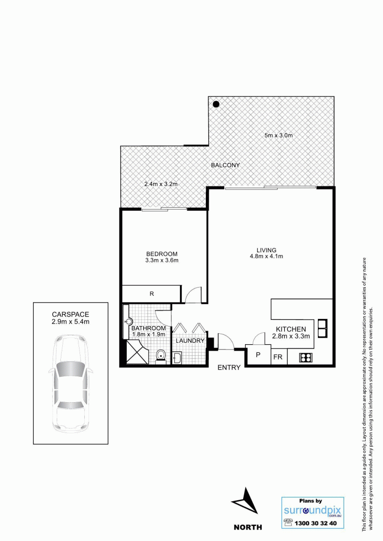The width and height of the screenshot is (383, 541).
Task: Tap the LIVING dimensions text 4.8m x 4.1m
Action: click(266, 256)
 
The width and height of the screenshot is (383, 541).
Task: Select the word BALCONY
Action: click(225, 165)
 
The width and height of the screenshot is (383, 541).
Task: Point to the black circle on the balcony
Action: click(216, 104)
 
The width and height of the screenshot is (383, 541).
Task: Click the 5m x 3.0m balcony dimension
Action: click(279, 135)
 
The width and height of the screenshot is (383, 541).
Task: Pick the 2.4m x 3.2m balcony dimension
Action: click(161, 184)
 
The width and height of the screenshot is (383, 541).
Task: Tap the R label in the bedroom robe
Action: click(151, 294)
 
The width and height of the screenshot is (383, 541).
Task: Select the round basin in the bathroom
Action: click(129, 322)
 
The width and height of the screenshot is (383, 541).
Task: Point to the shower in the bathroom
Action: click(137, 351)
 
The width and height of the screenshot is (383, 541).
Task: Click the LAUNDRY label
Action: click(190, 341)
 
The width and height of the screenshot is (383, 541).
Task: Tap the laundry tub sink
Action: click(177, 358)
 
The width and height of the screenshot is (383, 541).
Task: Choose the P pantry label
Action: click(258, 355)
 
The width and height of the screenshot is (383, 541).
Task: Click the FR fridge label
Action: click(278, 357)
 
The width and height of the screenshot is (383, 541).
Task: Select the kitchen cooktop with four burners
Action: click(305, 358)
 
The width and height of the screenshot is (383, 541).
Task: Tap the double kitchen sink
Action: click(322, 328)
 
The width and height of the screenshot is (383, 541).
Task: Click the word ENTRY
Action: click(229, 368)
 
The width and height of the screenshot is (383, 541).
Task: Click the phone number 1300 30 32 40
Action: click(315, 523)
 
